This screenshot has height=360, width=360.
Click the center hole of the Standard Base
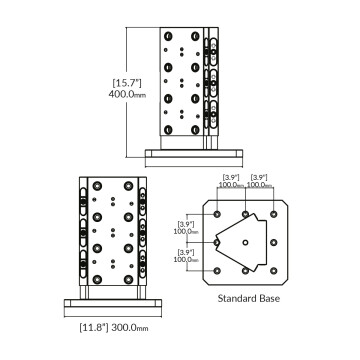[246, 241]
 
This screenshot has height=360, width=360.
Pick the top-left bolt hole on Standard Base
[218, 213]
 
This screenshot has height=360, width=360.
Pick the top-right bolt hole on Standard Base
[274, 213]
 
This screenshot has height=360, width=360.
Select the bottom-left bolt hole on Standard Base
[218, 270]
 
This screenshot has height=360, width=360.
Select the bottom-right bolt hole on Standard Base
[274, 270]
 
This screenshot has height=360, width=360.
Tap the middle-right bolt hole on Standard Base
[274, 241]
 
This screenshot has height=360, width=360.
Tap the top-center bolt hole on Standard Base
[246, 213]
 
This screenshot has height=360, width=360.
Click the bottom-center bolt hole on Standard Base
[246, 270]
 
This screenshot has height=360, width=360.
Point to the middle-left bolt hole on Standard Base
[218, 241]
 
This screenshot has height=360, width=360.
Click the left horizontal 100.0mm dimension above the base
[232, 184]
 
